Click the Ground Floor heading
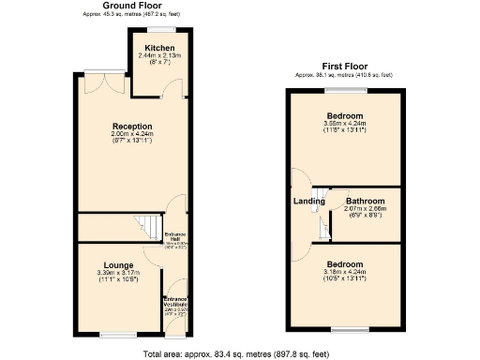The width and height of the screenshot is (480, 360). coord(132,6)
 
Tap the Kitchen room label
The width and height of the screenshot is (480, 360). coord(157,49)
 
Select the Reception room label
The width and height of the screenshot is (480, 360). coord(132,126)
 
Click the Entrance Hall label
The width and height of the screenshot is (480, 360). coord(175,236)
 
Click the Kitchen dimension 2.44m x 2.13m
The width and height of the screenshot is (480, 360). coord(157,56)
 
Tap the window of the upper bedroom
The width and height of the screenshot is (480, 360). coord(346,91)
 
